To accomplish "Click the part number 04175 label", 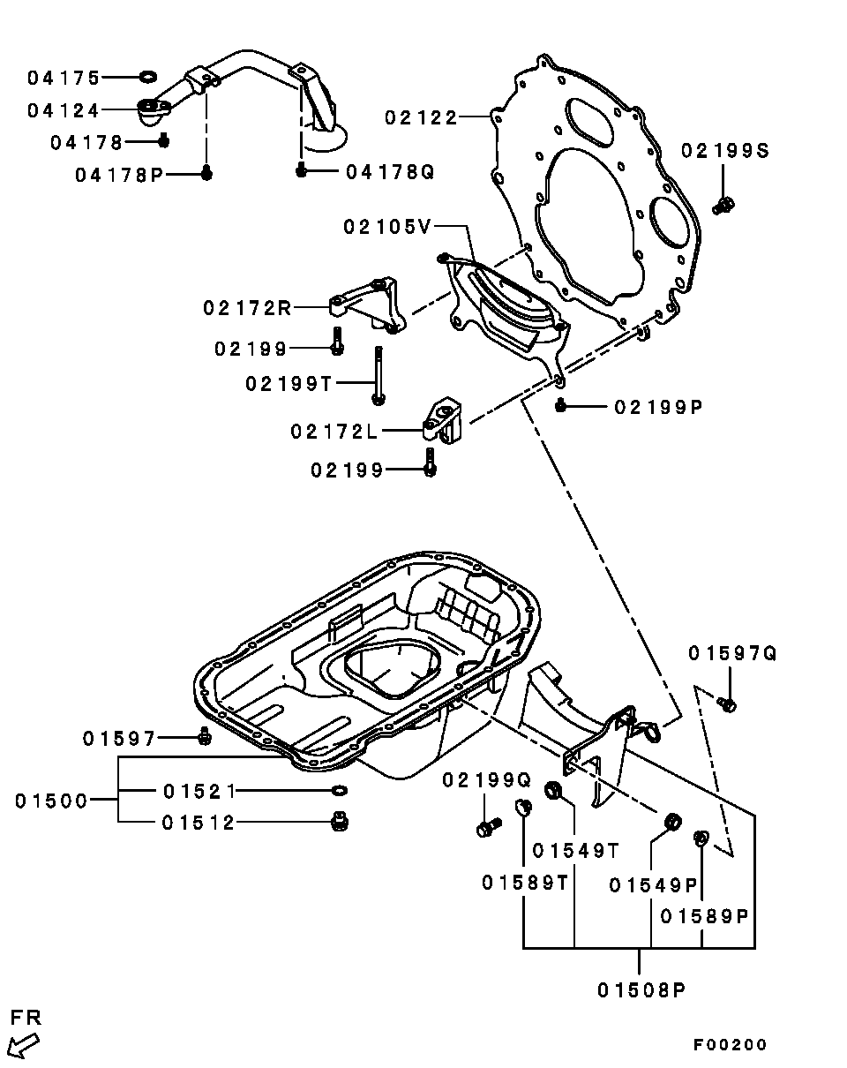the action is point(64,78).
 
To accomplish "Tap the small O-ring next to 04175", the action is point(148,77).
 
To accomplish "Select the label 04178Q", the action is point(390,172).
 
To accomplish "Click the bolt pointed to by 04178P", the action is point(207,173).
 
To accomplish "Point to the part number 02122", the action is point(421,117).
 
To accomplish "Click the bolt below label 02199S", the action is point(723,205).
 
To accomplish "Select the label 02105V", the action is point(387,228).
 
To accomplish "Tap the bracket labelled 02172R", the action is point(368,305).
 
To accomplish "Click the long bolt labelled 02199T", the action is point(379,376).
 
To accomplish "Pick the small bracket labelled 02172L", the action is point(442,420).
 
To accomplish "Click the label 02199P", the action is point(658,408).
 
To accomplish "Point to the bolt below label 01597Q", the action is point(727,703).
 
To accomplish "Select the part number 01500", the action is point(51,801).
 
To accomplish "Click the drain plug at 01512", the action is point(340,822).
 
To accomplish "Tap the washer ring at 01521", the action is point(340,790).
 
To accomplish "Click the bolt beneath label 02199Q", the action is point(490,827).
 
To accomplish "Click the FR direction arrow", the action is point(24,1045).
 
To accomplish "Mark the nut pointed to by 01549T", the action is point(552,789).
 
